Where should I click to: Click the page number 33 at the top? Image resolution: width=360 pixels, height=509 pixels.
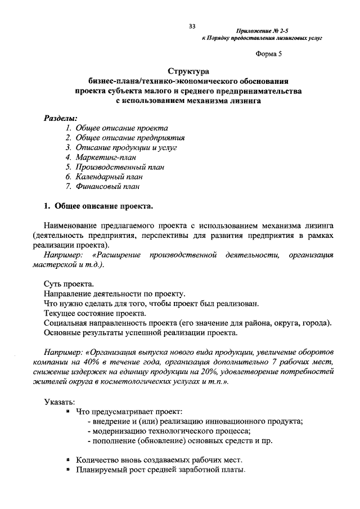pos(192,26)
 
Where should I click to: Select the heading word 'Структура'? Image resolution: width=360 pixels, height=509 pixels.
pos(188,71)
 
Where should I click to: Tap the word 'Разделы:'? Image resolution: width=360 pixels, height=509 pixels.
pos(60,118)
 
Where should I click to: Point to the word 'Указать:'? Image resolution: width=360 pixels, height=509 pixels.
pos(58,401)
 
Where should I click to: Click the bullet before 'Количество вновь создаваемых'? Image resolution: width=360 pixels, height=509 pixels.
pos(67,459)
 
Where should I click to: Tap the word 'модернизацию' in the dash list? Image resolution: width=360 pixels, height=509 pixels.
pos(119,431)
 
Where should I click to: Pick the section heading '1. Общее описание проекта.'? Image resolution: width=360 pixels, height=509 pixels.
pos(97,205)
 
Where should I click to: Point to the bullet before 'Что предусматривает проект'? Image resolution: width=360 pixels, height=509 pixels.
pos(67,411)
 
